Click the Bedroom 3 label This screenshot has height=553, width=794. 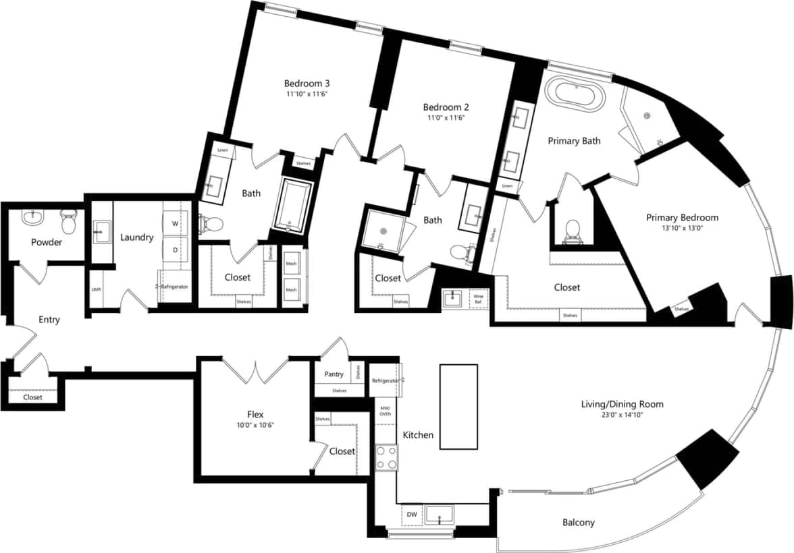pos(307,84)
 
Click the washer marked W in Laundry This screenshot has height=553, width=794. pos(176,223)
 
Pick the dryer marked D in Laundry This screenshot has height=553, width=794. pos(176,250)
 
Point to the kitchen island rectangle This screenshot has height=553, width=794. pos(458,407)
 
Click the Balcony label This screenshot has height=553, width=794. pos(579,523)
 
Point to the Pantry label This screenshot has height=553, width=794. pos(334,374)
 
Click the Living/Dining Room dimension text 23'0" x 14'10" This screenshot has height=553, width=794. pos(622,415)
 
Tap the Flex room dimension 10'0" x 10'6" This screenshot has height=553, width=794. pos(255,426)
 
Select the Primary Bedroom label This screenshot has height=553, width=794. pos(682,218)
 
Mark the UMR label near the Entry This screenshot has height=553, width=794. pos(96,290)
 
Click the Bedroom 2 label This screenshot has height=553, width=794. pos(446,107)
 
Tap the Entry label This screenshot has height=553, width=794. pos(49,320)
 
